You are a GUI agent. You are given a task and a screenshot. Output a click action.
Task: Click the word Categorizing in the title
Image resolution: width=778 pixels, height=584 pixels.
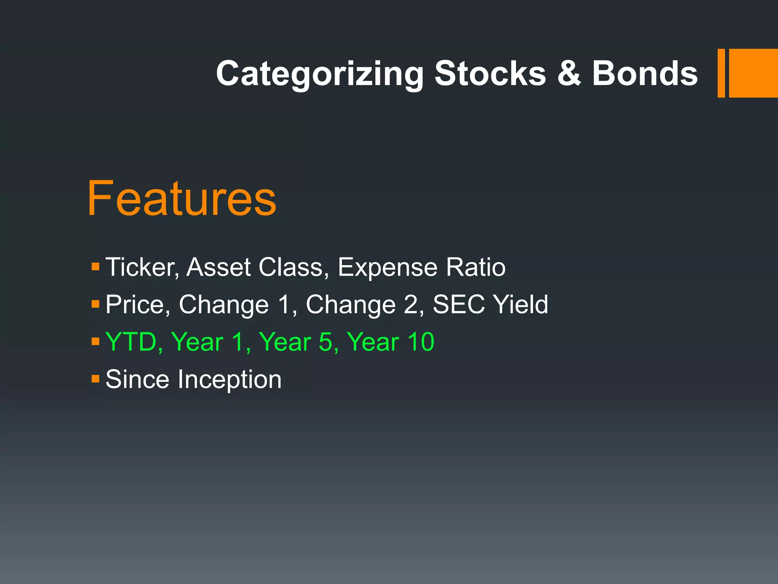319,74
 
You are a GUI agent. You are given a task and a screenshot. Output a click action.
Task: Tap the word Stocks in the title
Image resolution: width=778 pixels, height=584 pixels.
490,73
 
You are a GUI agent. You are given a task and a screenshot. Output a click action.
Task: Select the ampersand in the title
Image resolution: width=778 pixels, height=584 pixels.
569,73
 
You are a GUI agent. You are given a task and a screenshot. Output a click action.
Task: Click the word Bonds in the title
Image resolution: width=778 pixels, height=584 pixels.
645,73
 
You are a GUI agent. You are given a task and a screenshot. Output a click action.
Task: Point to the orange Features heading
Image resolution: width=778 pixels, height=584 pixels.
182,198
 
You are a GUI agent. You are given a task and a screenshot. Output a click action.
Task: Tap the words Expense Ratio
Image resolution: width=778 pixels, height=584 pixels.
421,267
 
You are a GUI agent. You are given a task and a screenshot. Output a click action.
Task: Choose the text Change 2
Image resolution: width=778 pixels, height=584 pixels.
364,305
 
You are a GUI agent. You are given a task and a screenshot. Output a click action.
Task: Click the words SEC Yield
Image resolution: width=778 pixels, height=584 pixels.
490,305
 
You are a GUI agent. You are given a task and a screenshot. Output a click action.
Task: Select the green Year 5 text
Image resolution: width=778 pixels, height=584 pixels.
298,342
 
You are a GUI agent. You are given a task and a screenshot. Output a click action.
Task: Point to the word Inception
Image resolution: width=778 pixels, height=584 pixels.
229,379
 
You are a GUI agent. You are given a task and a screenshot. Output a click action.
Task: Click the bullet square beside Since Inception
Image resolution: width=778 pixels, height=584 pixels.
95,379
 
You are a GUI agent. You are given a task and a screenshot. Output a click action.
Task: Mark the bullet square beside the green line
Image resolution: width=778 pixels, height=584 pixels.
95,341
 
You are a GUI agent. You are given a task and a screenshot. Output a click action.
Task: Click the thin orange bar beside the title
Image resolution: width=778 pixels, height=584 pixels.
721,73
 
